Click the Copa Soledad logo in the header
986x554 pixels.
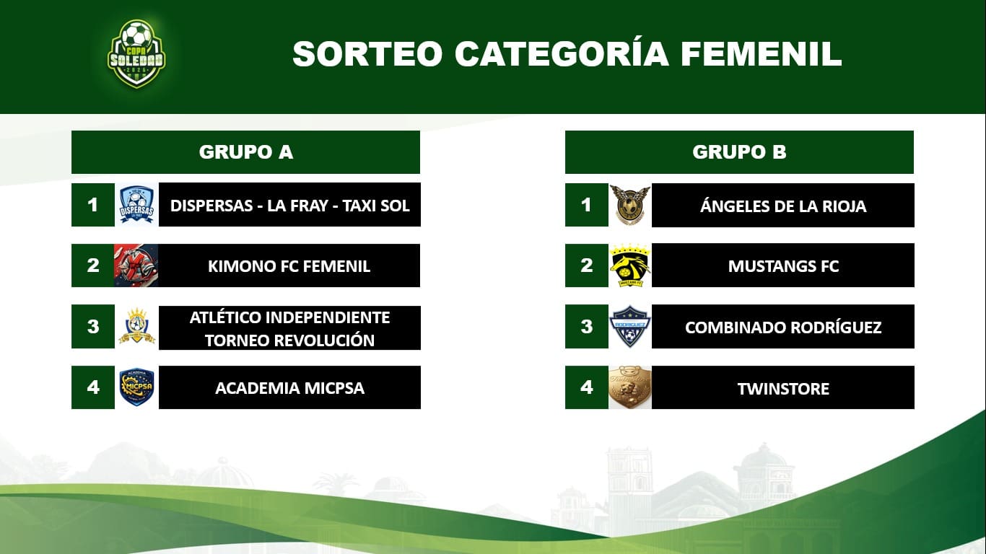[136, 53]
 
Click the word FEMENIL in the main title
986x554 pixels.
[761, 54]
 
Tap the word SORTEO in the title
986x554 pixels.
[367, 54]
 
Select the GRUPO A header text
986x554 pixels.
[246, 151]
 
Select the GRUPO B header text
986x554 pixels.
[739, 151]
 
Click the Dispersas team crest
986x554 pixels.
[136, 205]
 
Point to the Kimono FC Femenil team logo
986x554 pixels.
[136, 265]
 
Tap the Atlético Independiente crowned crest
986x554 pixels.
[137, 326]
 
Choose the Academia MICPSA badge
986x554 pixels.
[137, 387]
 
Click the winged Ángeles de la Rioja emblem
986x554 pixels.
[630, 205]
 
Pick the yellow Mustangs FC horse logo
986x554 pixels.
[630, 265]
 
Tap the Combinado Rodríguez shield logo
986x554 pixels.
[630, 326]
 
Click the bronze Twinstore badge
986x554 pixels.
[630, 387]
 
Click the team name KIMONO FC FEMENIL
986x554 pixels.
[289, 266]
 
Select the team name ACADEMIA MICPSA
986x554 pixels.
[289, 388]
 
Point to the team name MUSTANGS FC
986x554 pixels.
[783, 266]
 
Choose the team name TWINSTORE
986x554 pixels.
[783, 389]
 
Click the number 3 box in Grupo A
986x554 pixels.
[93, 327]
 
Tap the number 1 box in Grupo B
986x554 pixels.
[586, 205]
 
